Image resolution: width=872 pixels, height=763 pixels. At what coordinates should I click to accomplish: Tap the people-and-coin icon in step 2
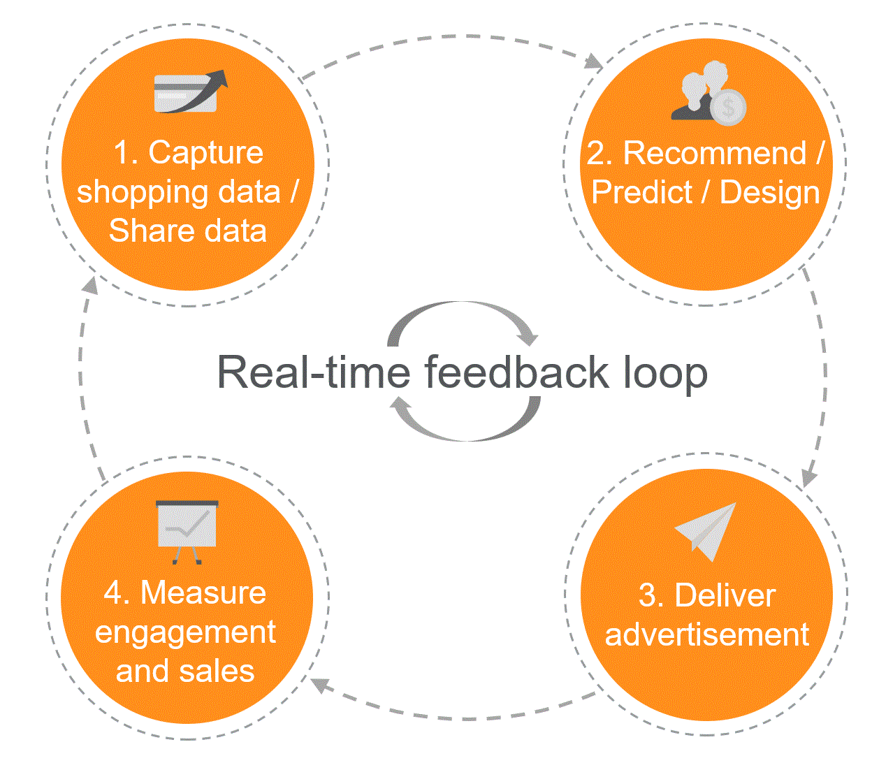point(708,93)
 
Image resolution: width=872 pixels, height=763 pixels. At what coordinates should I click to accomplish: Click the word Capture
point(206,153)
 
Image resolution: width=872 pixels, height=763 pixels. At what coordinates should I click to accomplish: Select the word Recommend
point(714,153)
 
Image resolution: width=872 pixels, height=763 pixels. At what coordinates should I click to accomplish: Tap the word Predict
point(641,192)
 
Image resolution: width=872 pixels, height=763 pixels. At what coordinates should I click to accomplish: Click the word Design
point(769,192)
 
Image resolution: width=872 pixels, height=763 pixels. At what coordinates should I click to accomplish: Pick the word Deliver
point(725,596)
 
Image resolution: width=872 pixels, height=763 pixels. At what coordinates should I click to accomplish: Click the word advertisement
point(707,634)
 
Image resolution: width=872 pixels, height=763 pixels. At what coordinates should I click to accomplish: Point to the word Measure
point(203,593)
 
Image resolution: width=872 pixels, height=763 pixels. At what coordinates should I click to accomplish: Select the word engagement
point(186,632)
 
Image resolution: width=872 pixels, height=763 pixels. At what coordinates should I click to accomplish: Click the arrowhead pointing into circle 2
point(595,61)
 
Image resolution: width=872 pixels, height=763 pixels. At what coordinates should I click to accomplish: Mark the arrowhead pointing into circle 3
point(808,479)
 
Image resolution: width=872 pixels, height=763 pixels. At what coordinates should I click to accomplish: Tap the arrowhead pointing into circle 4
point(319,685)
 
